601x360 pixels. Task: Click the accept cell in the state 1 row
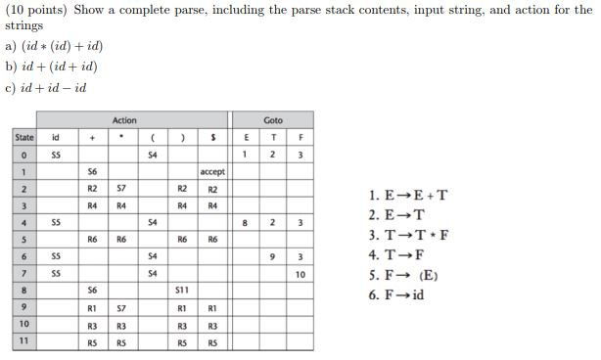(212, 171)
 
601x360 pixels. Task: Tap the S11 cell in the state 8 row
(181, 290)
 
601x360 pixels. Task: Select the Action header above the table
(124, 119)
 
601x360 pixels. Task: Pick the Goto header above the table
(273, 119)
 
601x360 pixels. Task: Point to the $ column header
(212, 138)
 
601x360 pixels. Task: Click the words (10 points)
(32, 10)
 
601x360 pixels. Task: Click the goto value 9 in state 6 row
(274, 256)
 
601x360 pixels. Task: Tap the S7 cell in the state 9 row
(123, 307)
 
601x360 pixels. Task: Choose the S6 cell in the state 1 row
(92, 171)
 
